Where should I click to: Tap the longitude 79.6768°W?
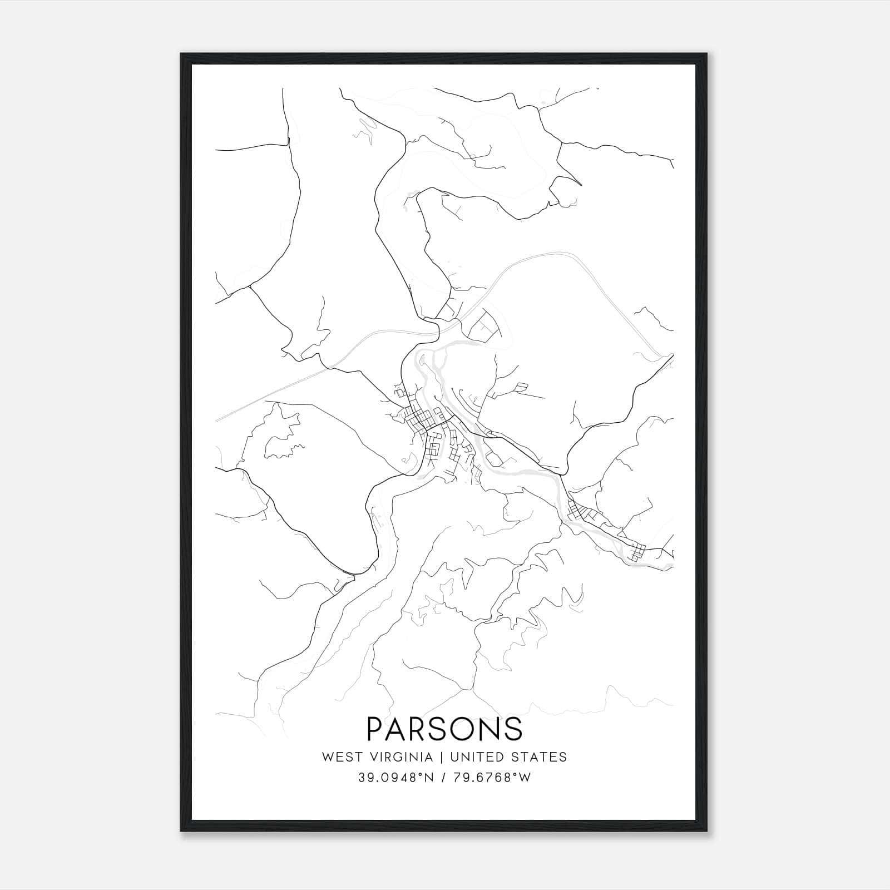coord(493,778)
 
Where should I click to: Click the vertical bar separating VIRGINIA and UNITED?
coord(442,757)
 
